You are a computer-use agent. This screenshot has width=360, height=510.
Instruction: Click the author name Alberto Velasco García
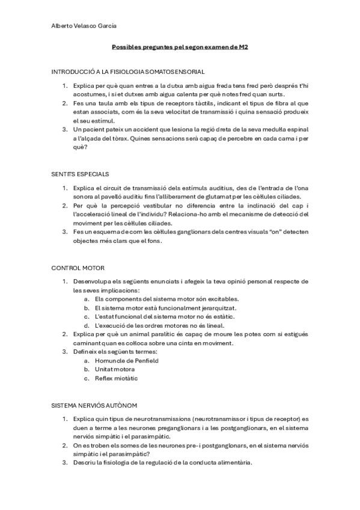pyautogui.click(x=84, y=26)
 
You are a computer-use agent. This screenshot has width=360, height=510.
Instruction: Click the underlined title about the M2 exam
pyautogui.click(x=180, y=48)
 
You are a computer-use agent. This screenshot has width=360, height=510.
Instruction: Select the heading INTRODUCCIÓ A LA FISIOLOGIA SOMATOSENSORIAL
pyautogui.click(x=128, y=71)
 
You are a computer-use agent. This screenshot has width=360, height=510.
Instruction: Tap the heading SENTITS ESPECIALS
pyautogui.click(x=80, y=174)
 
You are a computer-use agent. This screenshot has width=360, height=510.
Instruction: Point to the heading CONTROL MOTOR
pyautogui.click(x=76, y=268)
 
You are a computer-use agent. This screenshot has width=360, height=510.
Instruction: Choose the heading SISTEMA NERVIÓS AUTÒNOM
pyautogui.click(x=94, y=406)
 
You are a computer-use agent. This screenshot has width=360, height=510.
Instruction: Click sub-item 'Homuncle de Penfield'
pyautogui.click(x=126, y=361)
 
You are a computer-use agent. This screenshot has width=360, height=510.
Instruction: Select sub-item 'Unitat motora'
pyautogui.click(x=115, y=369)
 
